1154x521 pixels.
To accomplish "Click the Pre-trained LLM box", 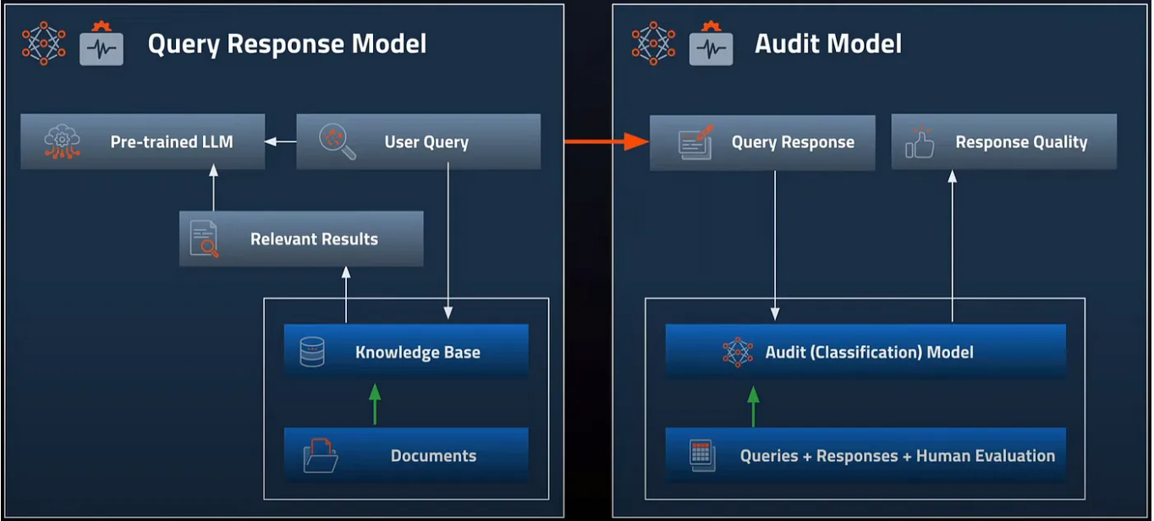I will [142, 141].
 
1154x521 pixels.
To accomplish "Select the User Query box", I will [418, 141].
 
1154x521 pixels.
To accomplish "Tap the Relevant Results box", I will [301, 239].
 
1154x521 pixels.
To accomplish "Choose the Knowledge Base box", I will [406, 352].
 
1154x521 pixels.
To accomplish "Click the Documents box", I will [406, 455].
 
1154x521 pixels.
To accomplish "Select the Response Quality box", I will [1004, 142].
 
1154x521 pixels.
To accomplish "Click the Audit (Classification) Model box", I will [865, 352].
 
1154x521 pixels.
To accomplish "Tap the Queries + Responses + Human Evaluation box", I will [865, 455].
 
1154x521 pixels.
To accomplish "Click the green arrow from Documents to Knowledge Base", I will [376, 403].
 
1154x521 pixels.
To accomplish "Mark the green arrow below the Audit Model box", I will [753, 405].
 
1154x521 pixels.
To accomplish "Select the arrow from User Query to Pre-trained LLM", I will [281, 141].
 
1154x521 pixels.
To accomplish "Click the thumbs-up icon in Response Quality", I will [919, 142].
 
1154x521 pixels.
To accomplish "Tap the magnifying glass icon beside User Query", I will [337, 141].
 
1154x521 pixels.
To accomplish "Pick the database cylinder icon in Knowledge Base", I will [312, 352].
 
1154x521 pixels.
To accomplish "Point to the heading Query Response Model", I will [287, 44].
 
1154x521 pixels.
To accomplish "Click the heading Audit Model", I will [827, 44].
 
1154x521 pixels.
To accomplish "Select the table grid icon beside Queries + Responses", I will [701, 454].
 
